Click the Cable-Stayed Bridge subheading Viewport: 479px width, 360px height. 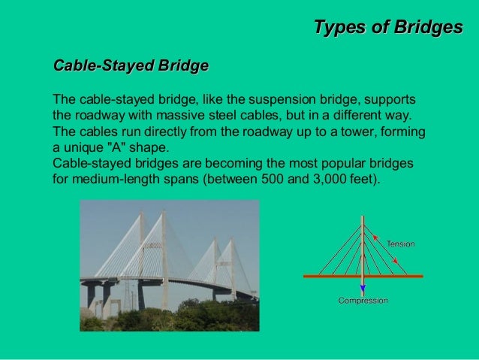(x=130, y=66)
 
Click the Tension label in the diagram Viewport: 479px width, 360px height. (x=400, y=244)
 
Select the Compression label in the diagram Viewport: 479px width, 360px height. (x=363, y=301)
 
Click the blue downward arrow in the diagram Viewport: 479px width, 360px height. (x=363, y=286)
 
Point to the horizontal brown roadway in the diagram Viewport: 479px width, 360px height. (x=323, y=276)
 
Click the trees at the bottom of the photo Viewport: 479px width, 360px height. (x=195, y=316)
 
